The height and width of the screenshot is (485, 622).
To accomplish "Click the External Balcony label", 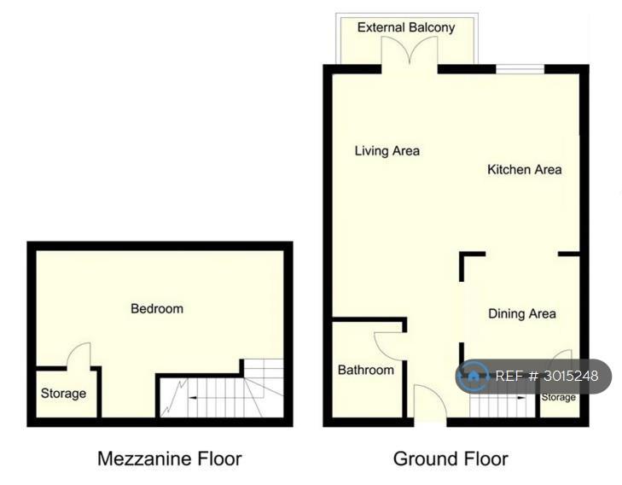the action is coord(406,27).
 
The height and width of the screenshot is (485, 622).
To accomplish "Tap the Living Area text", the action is coord(387,151).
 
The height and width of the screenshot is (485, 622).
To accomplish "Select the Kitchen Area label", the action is coord(525,169).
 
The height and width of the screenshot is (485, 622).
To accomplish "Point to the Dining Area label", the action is coord(521,313).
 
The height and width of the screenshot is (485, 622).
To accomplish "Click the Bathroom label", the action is coord(366,370).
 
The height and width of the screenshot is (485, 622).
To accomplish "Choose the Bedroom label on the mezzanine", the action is coord(157,308).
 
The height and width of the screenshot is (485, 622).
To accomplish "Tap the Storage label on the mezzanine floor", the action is coord(63,394).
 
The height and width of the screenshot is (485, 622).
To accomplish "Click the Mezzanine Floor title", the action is coord(170,459).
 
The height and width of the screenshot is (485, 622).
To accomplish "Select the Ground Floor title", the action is coord(451,459).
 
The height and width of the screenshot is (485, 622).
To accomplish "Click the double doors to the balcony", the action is coord(410,50).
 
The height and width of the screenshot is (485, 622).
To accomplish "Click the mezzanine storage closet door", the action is coord(78,355).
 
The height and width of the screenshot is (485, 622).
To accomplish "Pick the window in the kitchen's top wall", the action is coord(520,69).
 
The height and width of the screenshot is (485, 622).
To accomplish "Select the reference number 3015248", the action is coord(571,376).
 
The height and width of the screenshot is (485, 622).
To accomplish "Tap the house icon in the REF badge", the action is coord(473,376).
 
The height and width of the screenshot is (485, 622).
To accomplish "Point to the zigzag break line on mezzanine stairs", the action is coord(174,397).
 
